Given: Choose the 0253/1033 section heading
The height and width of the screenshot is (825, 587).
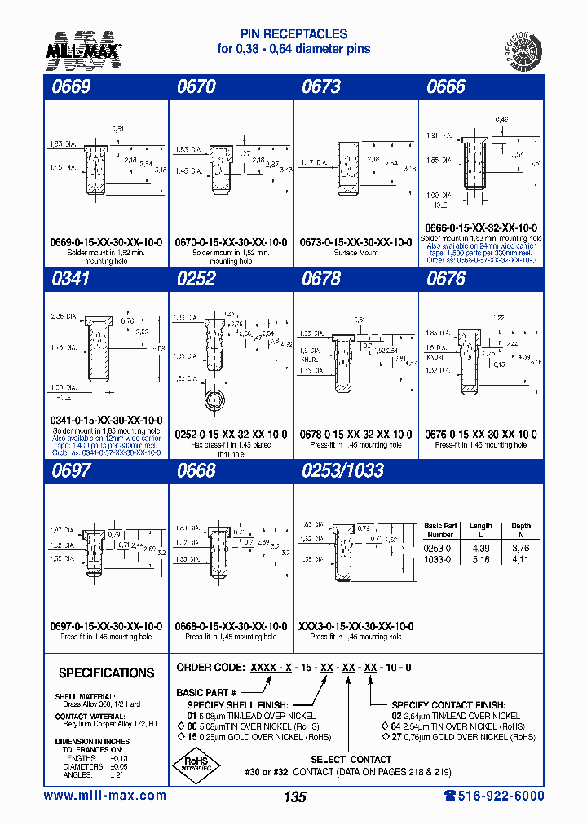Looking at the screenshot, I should (x=342, y=470).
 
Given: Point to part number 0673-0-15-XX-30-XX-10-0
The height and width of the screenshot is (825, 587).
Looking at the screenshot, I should (x=357, y=242).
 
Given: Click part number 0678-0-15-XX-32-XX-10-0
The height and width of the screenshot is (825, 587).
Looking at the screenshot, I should (x=357, y=435).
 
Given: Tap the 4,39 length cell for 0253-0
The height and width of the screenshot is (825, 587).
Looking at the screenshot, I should (x=481, y=549).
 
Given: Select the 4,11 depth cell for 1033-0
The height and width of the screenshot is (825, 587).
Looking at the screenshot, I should (x=520, y=560).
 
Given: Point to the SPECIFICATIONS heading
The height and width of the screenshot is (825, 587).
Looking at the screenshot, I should (x=106, y=673).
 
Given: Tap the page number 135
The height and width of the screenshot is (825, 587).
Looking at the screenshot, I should (x=295, y=797).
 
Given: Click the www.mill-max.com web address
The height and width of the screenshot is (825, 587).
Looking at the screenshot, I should (x=104, y=796).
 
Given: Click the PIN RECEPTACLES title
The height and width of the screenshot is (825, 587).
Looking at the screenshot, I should (x=293, y=34).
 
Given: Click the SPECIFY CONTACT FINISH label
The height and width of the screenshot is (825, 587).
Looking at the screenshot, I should (x=448, y=704).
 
